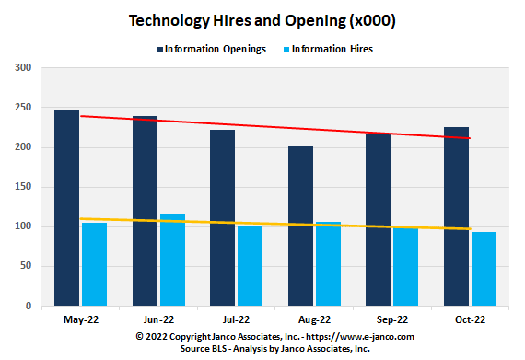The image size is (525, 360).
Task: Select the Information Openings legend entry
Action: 216,47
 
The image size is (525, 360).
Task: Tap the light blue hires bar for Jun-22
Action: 172,262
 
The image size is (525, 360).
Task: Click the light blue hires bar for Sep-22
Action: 405,267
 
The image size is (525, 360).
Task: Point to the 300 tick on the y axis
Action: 23,68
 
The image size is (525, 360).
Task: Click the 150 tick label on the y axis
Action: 23,187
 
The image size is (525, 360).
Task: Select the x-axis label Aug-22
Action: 314,321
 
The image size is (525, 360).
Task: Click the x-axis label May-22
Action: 80,321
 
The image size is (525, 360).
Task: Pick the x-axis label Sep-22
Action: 392,321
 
